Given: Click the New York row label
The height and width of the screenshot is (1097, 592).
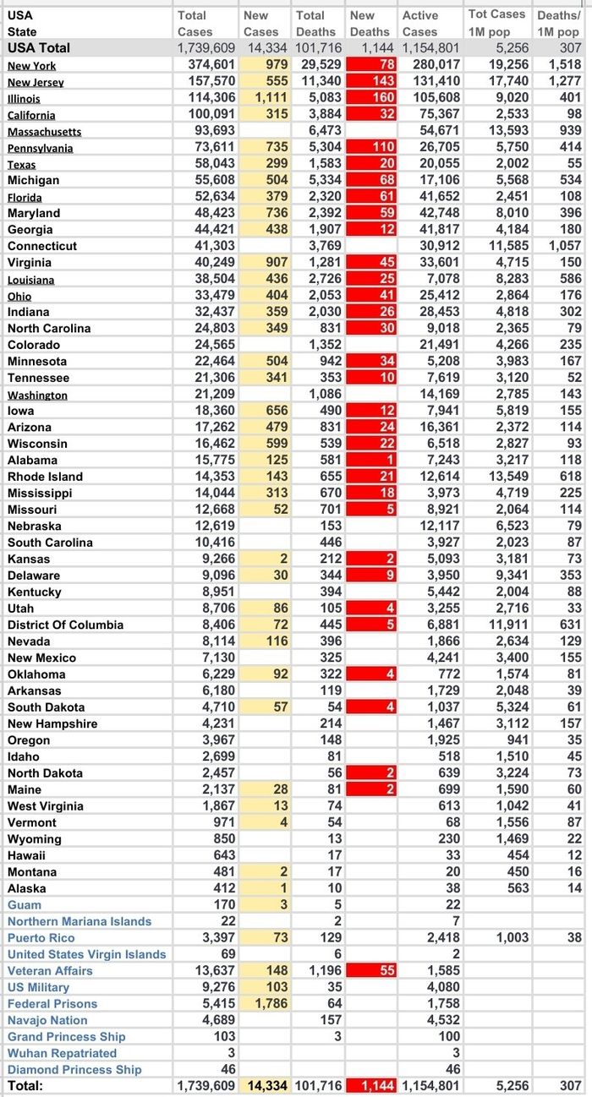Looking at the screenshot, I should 32,65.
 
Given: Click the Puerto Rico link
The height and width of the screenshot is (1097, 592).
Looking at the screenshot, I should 41,937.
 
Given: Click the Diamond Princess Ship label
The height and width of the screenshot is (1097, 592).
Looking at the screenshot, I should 74,1069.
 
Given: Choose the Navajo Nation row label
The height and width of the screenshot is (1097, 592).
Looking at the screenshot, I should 47,1020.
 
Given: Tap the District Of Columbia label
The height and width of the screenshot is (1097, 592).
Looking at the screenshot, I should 66,625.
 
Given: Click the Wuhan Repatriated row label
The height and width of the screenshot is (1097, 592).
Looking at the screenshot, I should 63,1053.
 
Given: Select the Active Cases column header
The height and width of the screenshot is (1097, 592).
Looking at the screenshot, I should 420,23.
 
